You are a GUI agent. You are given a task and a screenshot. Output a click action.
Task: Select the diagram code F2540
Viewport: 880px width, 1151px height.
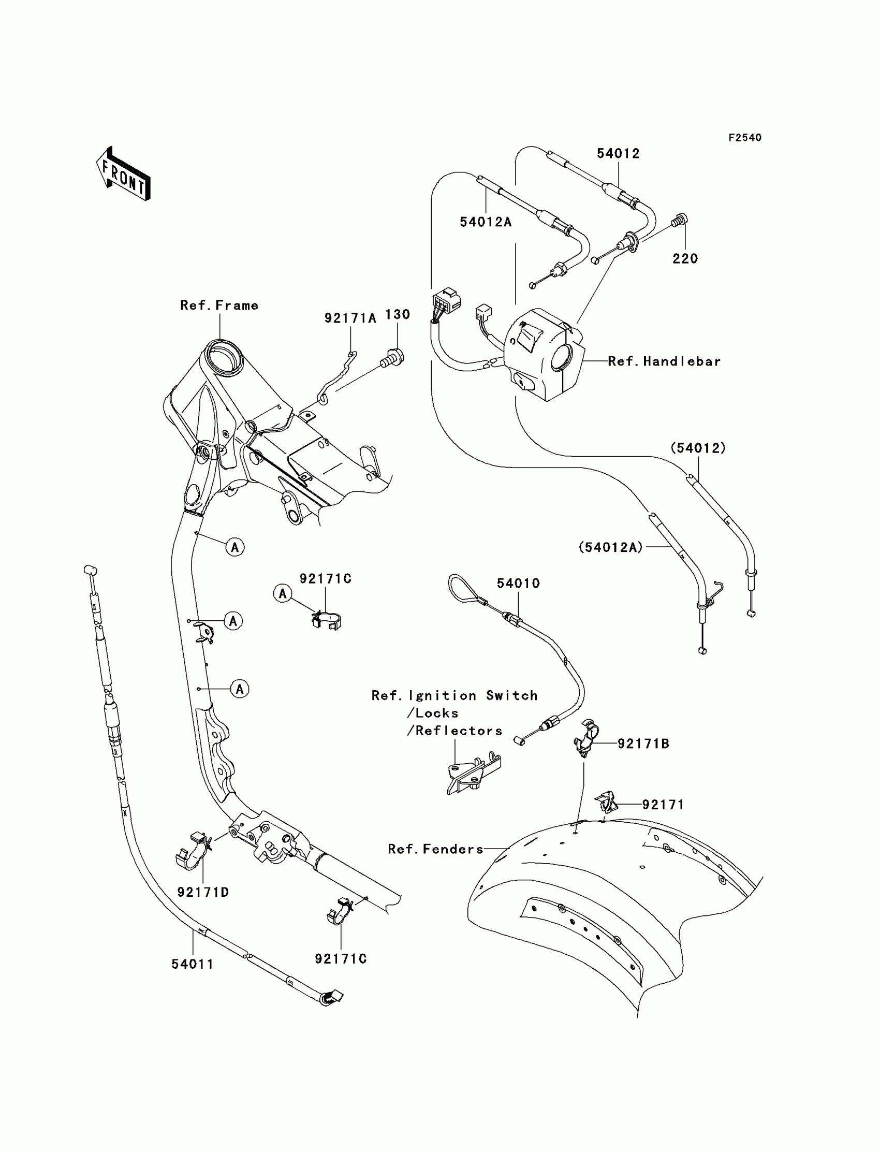pyautogui.click(x=744, y=138)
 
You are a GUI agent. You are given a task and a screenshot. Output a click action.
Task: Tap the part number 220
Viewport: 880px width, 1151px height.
pyautogui.click(x=685, y=258)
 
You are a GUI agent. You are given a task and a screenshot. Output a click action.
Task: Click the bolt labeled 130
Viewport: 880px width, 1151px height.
pyautogui.click(x=393, y=358)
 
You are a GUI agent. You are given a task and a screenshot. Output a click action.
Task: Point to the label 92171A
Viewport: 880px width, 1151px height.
pyautogui.click(x=350, y=318)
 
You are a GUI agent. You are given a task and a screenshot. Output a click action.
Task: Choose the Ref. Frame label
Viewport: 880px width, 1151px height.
pyautogui.click(x=219, y=305)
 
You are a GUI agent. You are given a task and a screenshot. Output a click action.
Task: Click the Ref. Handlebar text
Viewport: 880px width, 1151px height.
pyautogui.click(x=664, y=361)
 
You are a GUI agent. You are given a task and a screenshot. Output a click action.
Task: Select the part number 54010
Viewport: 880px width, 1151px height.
pyautogui.click(x=518, y=583)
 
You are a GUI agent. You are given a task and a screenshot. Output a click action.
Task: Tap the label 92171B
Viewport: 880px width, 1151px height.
pyautogui.click(x=643, y=744)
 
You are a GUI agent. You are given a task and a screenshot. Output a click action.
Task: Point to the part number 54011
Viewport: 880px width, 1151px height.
pyautogui.click(x=192, y=964)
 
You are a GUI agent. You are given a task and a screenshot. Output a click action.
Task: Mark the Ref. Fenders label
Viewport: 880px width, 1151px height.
pyautogui.click(x=435, y=849)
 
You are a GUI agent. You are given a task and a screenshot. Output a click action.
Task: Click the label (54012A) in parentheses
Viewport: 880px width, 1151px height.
pyautogui.click(x=610, y=547)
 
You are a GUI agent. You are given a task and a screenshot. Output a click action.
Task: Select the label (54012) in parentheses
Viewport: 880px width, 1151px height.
pyautogui.click(x=698, y=448)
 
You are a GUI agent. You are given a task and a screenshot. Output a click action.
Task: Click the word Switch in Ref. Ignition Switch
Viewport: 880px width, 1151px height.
pyautogui.click(x=512, y=696)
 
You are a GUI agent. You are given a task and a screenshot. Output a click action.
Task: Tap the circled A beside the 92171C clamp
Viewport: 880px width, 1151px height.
pyautogui.click(x=283, y=593)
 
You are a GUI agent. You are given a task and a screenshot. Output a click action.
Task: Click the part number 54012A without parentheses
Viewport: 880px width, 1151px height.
pyautogui.click(x=485, y=222)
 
